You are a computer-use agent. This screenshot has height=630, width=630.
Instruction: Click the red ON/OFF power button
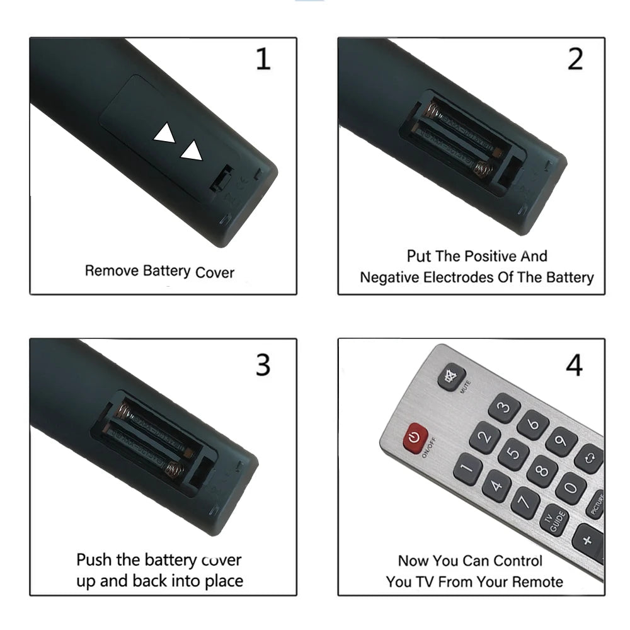coord(413,437)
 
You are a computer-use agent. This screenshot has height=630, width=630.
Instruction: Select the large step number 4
coord(573,365)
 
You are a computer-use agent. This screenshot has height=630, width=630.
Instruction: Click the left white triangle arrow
coord(166,134)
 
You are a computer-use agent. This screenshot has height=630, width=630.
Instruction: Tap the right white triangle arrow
coord(192,151)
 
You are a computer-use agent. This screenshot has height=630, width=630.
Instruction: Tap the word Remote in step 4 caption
coord(535,581)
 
